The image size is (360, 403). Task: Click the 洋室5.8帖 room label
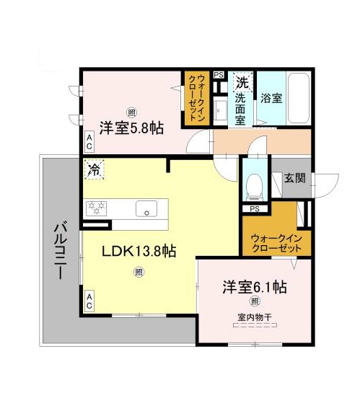tap(131, 128)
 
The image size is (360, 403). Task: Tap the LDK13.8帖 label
tap(139, 251)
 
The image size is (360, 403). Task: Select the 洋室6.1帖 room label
tap(255, 287)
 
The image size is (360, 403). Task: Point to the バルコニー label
tap(60, 250)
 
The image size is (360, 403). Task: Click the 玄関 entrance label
tap(294, 177)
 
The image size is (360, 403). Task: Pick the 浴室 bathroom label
tap(271, 98)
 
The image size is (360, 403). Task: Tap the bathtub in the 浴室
tap(299, 99)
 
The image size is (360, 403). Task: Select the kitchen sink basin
tap(146, 208)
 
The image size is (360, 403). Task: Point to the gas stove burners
tap(97, 208)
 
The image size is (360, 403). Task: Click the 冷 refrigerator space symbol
tap(94, 169)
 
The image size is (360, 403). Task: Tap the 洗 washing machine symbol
tap(242, 82)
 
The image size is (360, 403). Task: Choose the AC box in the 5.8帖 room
tap(89, 142)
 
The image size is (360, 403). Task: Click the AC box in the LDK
tap(89, 301)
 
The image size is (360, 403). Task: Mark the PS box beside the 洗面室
tap(219, 75)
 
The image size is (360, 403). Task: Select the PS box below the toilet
tap(255, 209)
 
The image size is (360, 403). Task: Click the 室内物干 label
tap(255, 317)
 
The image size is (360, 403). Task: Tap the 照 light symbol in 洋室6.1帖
tap(255, 301)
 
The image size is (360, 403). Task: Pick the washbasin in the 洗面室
tap(220, 110)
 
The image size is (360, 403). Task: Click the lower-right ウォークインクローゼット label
tap(277, 243)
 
